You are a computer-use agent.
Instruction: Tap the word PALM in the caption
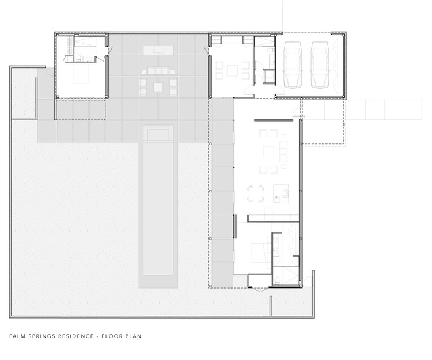coord(17,336)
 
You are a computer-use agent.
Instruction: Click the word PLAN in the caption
coord(134,336)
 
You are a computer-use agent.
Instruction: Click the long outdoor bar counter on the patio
coord(157,50)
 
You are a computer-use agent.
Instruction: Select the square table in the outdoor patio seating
coord(157,87)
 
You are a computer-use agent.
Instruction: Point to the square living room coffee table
coord(268,151)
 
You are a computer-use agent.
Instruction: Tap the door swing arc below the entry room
coord(248,93)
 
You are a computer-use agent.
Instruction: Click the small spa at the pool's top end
coord(157,134)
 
